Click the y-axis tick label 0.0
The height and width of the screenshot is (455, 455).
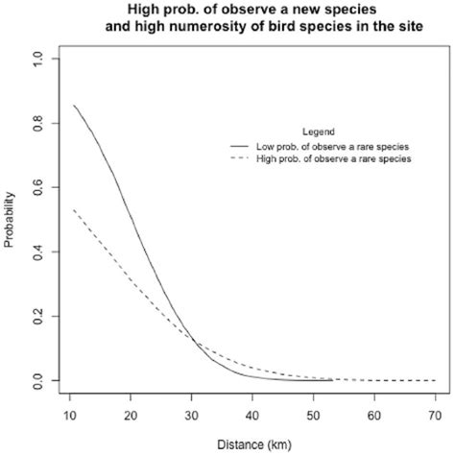click(x=37, y=381)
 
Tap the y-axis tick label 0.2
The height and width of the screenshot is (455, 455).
click(x=37, y=317)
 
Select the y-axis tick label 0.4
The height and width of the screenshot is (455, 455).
click(x=37, y=251)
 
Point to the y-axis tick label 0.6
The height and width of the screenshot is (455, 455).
click(x=37, y=187)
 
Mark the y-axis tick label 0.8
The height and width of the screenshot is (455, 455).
click(x=37, y=123)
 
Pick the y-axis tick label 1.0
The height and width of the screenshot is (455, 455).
click(x=37, y=59)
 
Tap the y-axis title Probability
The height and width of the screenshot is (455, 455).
click(x=11, y=221)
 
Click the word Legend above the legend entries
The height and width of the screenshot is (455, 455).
click(x=317, y=131)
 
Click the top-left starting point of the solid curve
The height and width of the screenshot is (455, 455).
click(x=74, y=105)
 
